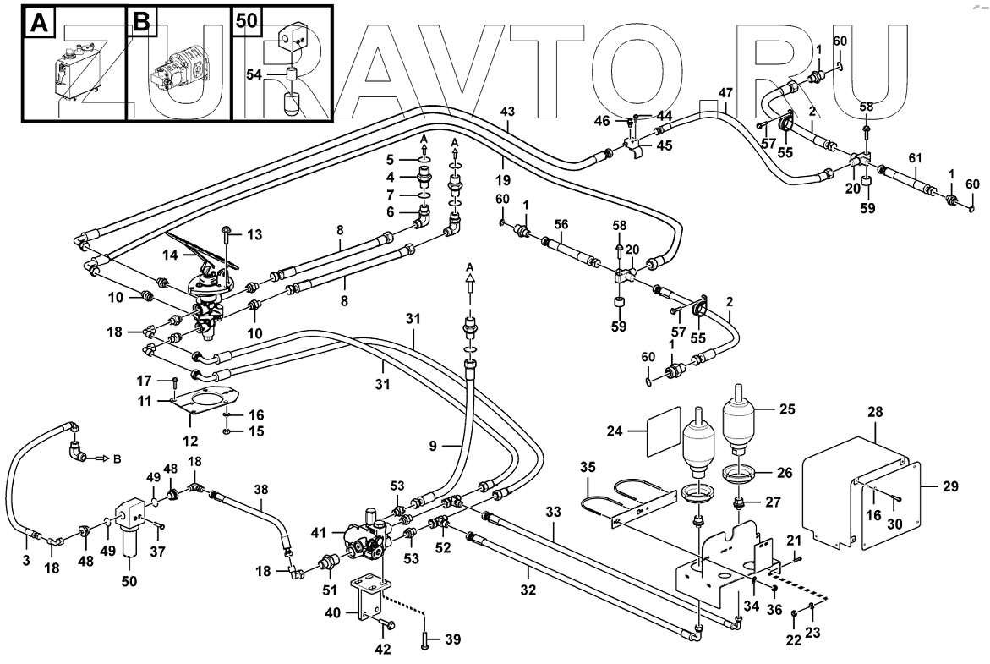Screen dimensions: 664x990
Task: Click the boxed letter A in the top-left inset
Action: click(x=38, y=23)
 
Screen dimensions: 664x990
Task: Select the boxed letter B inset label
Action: click(x=142, y=23)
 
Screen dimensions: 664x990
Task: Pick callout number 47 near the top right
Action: click(x=725, y=93)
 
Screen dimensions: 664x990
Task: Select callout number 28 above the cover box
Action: click(x=874, y=413)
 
